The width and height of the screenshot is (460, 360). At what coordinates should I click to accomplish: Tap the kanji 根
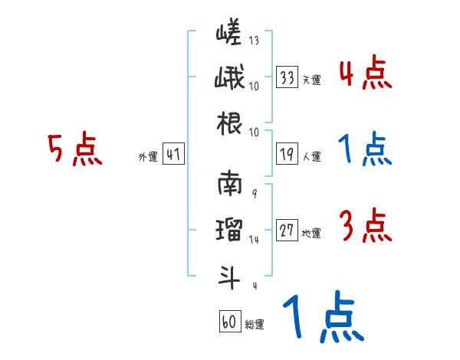(x=228, y=123)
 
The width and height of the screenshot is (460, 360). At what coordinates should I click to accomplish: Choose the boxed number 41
(x=173, y=155)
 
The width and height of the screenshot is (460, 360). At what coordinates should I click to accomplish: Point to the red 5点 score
(x=74, y=149)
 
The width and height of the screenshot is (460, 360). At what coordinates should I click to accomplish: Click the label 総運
(x=255, y=325)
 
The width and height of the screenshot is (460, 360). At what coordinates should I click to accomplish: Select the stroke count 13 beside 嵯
(x=253, y=41)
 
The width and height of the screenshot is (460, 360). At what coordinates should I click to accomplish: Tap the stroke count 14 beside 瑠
(x=255, y=239)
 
